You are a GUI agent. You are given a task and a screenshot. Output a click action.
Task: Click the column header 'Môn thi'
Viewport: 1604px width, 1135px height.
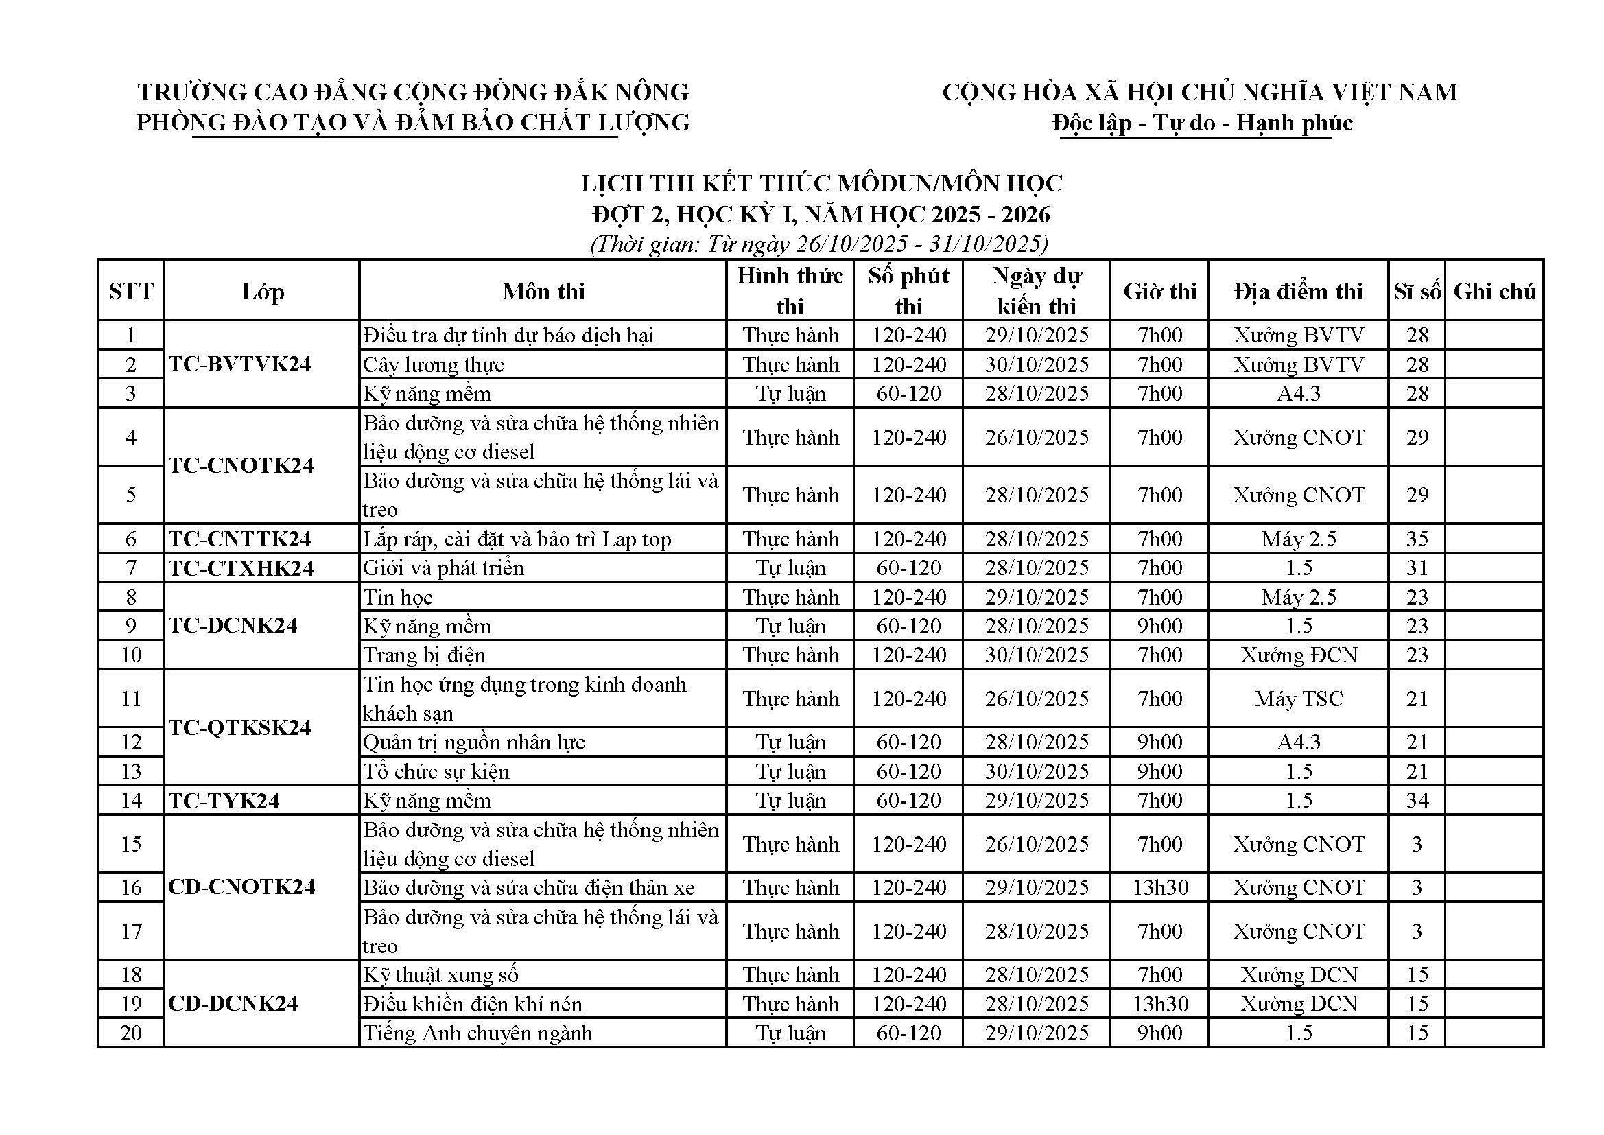(x=543, y=292)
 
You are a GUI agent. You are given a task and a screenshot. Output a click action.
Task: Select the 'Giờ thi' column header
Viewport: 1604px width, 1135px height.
(x=1159, y=292)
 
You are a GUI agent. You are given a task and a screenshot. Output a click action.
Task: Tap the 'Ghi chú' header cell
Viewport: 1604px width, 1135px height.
(x=1494, y=292)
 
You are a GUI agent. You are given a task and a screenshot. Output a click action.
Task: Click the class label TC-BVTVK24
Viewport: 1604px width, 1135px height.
(x=239, y=364)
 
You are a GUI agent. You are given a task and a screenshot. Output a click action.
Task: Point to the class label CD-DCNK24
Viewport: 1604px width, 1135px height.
(x=233, y=1004)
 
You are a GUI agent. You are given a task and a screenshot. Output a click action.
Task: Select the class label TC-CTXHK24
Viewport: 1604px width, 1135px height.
(x=241, y=568)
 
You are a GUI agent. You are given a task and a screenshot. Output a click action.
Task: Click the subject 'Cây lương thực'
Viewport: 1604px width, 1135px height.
(x=433, y=365)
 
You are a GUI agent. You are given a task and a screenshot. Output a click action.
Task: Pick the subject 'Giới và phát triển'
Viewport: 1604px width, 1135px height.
(x=443, y=568)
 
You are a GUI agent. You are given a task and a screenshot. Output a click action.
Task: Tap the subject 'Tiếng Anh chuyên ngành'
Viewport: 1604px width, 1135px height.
(x=477, y=1033)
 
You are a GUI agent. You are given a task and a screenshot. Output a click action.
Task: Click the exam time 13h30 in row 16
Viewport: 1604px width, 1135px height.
(x=1159, y=887)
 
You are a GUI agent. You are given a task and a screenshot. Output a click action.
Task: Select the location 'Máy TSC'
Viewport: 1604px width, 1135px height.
(x=1299, y=699)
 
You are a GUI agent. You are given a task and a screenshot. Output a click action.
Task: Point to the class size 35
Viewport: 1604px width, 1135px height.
(x=1417, y=539)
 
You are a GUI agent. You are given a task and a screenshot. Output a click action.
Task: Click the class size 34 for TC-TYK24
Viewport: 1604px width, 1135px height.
(x=1417, y=800)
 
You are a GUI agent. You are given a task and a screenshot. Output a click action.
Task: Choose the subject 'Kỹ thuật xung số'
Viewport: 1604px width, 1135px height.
(x=440, y=975)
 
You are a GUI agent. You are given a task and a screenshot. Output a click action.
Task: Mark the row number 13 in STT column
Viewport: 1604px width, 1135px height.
(x=131, y=771)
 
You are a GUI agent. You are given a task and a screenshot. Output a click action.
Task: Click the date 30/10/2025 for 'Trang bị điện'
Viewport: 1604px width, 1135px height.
(x=1037, y=655)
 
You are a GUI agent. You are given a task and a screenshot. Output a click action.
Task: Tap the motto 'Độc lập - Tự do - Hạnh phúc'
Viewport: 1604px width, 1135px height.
(x=1202, y=123)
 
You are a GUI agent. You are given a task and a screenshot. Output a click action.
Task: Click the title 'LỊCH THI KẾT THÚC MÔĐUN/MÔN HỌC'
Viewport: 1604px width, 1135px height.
(x=822, y=183)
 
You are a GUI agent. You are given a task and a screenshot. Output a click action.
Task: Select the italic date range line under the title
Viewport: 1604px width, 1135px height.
(x=818, y=244)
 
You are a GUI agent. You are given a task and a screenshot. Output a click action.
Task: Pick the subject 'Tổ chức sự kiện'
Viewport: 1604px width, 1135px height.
(x=436, y=771)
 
